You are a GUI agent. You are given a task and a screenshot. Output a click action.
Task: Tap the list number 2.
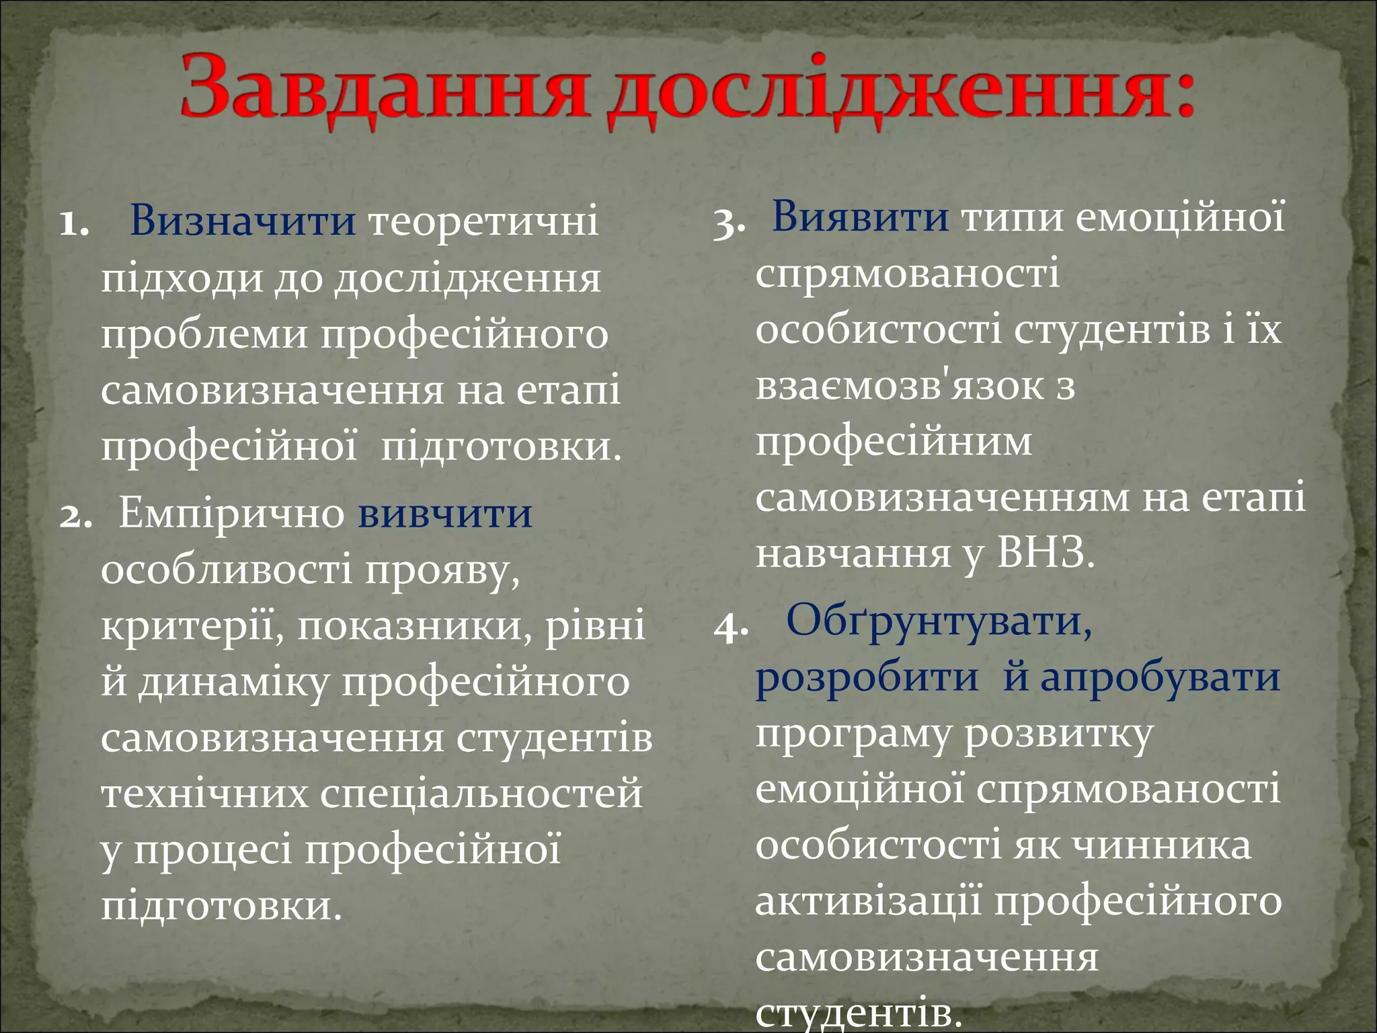coord(75,516)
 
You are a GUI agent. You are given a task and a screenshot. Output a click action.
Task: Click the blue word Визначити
coord(243,220)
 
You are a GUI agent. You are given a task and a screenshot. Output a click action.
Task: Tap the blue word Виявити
coord(861,217)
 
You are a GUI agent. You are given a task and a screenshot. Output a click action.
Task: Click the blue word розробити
coord(867,678)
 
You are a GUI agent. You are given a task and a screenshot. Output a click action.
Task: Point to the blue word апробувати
coord(1160,677)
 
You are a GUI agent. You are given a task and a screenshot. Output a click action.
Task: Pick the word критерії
coord(192,625)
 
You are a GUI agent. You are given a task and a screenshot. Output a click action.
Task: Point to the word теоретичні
coord(483,220)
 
